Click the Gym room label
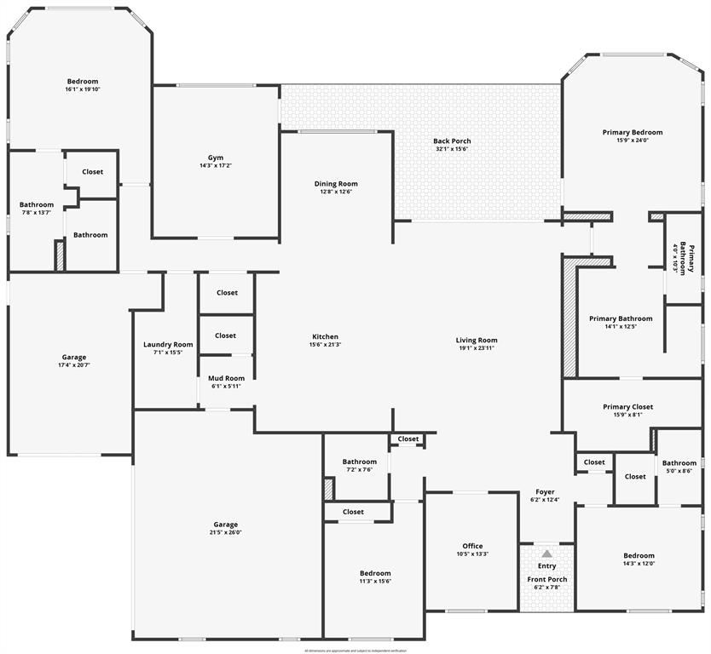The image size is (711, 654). click(216, 158)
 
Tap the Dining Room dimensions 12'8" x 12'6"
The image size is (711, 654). click(336, 192)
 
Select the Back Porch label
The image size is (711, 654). click(452, 141)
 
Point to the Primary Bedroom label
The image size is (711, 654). click(632, 132)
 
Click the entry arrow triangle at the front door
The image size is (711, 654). click(546, 554)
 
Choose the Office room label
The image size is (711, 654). click(472, 546)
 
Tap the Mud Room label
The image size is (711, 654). click(226, 378)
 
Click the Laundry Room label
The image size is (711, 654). click(168, 344)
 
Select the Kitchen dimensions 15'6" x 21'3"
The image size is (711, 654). click(325, 345)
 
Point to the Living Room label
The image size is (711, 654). click(476, 340)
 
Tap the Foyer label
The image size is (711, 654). click(545, 491)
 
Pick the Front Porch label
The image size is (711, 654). click(546, 579)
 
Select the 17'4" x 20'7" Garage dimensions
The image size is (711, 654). click(73, 365)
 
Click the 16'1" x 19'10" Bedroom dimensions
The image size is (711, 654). click(82, 89)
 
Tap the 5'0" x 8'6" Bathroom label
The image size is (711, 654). click(679, 463)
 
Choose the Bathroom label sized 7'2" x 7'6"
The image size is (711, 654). click(360, 462)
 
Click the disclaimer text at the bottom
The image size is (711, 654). click(355, 650)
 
